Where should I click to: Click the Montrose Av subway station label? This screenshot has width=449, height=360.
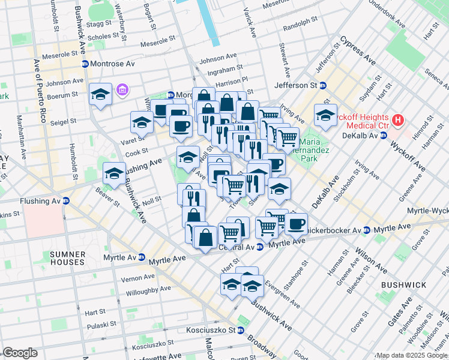(x=108, y=64)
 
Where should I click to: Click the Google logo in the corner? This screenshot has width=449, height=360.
(x=20, y=353)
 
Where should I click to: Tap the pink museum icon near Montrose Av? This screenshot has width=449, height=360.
(x=123, y=90)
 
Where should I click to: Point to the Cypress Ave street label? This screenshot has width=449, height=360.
(x=358, y=52)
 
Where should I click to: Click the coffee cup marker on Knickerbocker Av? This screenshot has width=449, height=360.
(x=295, y=224)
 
